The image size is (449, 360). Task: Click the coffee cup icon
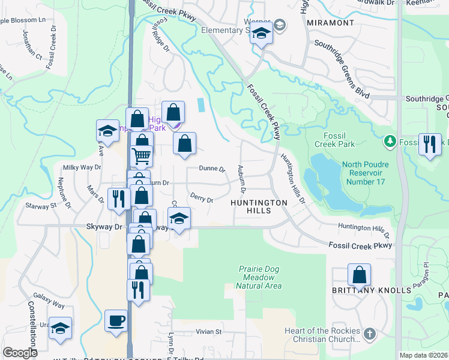[x=115, y=320]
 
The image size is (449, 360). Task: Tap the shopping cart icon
[x=142, y=156]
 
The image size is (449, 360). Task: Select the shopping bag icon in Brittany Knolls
[x=359, y=275]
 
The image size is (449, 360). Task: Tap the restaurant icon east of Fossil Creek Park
[x=430, y=145]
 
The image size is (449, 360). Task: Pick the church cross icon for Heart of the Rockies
[x=370, y=332]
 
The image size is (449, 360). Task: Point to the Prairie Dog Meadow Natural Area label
[x=259, y=277]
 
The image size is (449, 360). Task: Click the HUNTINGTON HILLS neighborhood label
[x=259, y=203]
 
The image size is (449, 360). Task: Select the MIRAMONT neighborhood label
[x=330, y=22]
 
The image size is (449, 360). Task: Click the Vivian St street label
[x=210, y=331]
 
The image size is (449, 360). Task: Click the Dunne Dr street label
[x=212, y=170]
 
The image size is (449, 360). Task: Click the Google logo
[x=20, y=353]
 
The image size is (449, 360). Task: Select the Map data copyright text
[x=424, y=355]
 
